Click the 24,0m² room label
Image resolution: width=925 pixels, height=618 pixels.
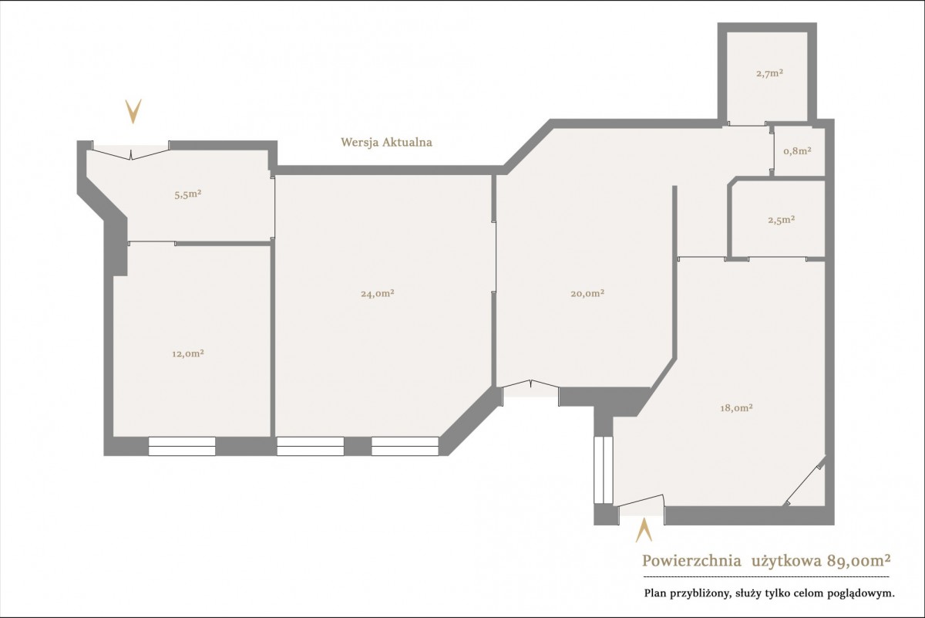pyautogui.click(x=378, y=293)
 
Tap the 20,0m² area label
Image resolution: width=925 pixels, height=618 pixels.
pyautogui.click(x=587, y=293)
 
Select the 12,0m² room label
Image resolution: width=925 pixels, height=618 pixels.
pyautogui.click(x=188, y=354)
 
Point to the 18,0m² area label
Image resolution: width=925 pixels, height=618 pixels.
pyautogui.click(x=736, y=408)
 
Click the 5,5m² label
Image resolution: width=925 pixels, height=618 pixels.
pyautogui.click(x=188, y=194)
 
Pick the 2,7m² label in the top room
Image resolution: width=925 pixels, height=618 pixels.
pyautogui.click(x=770, y=73)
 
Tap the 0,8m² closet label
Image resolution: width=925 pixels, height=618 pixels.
pyautogui.click(x=797, y=151)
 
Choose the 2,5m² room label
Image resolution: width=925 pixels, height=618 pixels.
pyautogui.click(x=782, y=220)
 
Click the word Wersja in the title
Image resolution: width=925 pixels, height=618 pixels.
pyautogui.click(x=358, y=142)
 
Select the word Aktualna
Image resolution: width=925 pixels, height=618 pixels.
pyautogui.click(x=407, y=142)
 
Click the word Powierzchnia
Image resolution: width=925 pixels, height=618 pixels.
pyautogui.click(x=686, y=561)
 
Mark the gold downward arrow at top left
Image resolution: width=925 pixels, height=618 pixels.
pyautogui.click(x=133, y=112)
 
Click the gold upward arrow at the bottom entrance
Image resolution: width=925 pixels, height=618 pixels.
pyautogui.click(x=644, y=531)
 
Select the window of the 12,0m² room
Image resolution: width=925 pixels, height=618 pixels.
pyautogui.click(x=182, y=446)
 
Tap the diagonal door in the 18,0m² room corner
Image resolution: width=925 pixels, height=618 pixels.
pyautogui.click(x=805, y=481)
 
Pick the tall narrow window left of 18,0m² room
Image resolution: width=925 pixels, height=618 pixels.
pyautogui.click(x=604, y=470)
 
